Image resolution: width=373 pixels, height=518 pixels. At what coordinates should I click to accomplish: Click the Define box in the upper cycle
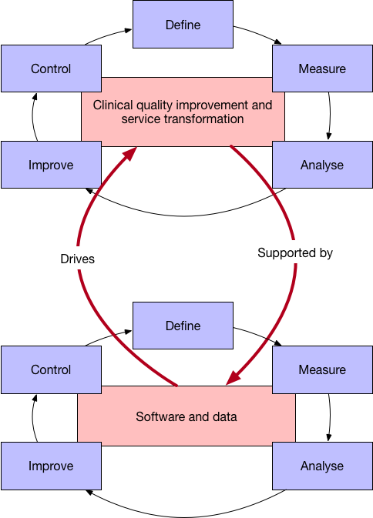183,25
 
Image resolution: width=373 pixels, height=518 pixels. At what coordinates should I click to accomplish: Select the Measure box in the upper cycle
321,69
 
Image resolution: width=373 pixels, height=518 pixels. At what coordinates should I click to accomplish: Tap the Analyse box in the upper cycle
321,165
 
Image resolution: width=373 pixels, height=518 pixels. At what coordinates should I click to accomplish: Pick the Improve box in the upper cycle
51,165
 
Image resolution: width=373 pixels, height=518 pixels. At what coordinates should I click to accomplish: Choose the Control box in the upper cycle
51,69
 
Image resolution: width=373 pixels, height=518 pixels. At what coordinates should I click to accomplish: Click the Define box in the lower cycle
183,326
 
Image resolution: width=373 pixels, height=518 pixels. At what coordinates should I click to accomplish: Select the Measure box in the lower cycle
321,369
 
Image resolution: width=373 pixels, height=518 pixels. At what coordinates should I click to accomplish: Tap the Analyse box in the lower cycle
321,466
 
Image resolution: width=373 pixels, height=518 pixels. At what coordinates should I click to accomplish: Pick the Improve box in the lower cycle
51,466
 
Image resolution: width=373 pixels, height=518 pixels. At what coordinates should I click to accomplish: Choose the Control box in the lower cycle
51,369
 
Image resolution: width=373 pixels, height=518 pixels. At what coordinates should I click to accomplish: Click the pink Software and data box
186,416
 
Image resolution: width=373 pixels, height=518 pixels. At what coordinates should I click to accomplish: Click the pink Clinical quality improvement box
183,111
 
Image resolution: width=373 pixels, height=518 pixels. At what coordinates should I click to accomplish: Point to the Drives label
77,259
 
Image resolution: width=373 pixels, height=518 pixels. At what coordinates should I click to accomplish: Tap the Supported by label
295,252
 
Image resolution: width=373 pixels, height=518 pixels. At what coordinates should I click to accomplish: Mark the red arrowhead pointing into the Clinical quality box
129,152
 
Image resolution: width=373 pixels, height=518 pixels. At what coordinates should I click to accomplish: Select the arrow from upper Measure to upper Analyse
330,115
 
